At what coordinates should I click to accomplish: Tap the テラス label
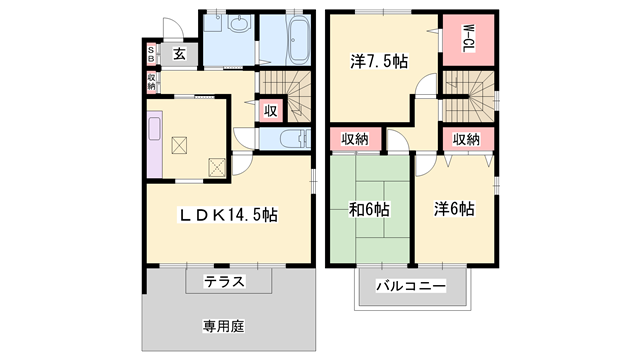pos(225,281)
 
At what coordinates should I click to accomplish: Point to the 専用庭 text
pos(224,325)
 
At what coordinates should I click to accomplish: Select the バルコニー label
pos(410,287)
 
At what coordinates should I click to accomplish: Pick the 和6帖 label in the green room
pos(371,210)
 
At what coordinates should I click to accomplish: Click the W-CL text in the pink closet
pos(466,40)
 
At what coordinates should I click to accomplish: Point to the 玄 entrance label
pos(178,54)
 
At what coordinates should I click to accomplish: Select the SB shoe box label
pos(152,54)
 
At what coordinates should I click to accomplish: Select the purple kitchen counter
pos(154,143)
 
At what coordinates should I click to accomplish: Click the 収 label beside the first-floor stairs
pos(270,111)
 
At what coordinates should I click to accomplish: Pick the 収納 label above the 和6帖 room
pos(356,139)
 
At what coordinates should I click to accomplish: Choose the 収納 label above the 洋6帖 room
pos(465,139)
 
